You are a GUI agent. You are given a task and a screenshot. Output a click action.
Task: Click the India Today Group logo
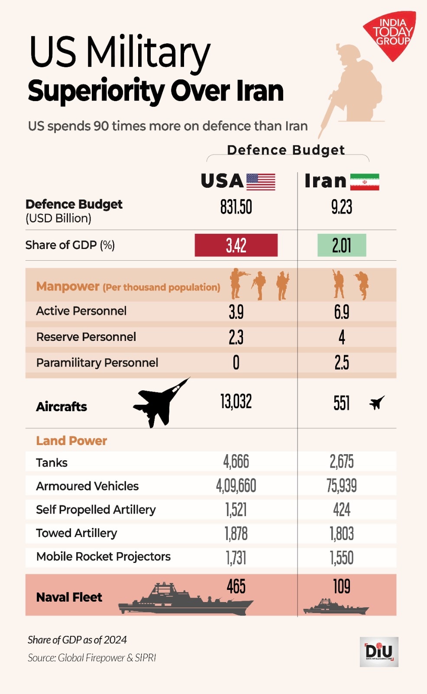point(391,34)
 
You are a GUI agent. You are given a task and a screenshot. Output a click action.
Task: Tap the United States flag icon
point(261,182)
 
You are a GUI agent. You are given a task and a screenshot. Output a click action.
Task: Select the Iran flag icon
point(365,182)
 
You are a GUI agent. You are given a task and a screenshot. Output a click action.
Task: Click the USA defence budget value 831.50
point(236,207)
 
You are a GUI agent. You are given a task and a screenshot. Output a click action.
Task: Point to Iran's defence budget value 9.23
point(342,207)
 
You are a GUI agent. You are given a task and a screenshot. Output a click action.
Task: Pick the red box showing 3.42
point(236,246)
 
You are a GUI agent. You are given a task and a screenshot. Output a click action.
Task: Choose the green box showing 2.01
point(342,246)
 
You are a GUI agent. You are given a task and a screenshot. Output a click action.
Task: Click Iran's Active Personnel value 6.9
point(342,312)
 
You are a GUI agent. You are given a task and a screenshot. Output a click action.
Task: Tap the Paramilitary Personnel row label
point(97,363)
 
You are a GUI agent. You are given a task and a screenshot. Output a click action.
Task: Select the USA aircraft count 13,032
point(236,402)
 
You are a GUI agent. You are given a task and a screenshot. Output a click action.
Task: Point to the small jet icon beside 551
point(377,403)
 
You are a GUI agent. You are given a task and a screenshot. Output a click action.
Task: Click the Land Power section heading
point(71,441)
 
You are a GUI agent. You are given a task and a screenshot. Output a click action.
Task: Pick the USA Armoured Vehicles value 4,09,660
point(236,486)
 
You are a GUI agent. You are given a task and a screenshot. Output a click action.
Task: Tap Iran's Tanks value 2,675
point(342,462)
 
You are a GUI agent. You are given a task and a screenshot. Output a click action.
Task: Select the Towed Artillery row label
point(77,533)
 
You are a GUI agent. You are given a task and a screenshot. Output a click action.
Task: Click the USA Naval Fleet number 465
point(236,587)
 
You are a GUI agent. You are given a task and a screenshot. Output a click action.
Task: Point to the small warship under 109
point(336,606)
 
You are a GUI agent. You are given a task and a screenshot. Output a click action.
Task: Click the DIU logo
point(379,651)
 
